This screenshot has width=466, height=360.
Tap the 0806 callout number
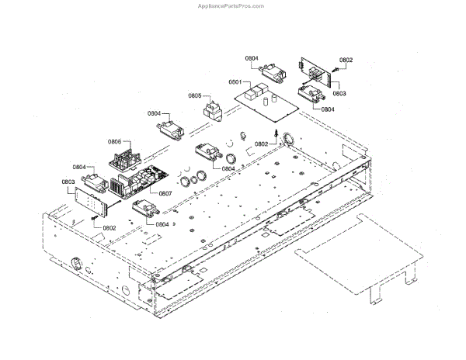pyautogui.click(x=114, y=142)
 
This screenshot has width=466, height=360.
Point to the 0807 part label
pyautogui.click(x=165, y=193)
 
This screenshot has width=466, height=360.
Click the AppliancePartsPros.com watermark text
pyautogui.click(x=232, y=5)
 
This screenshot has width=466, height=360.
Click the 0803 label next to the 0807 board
pyautogui.click(x=68, y=182)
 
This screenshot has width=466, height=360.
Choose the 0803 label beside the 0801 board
pyautogui.click(x=339, y=93)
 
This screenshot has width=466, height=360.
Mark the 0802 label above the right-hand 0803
pyautogui.click(x=346, y=60)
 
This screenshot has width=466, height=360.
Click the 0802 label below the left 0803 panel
pyautogui.click(x=108, y=228)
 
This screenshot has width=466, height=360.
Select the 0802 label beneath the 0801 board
pyautogui.click(x=262, y=144)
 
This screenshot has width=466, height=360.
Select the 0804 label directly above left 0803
pyautogui.click(x=79, y=167)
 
